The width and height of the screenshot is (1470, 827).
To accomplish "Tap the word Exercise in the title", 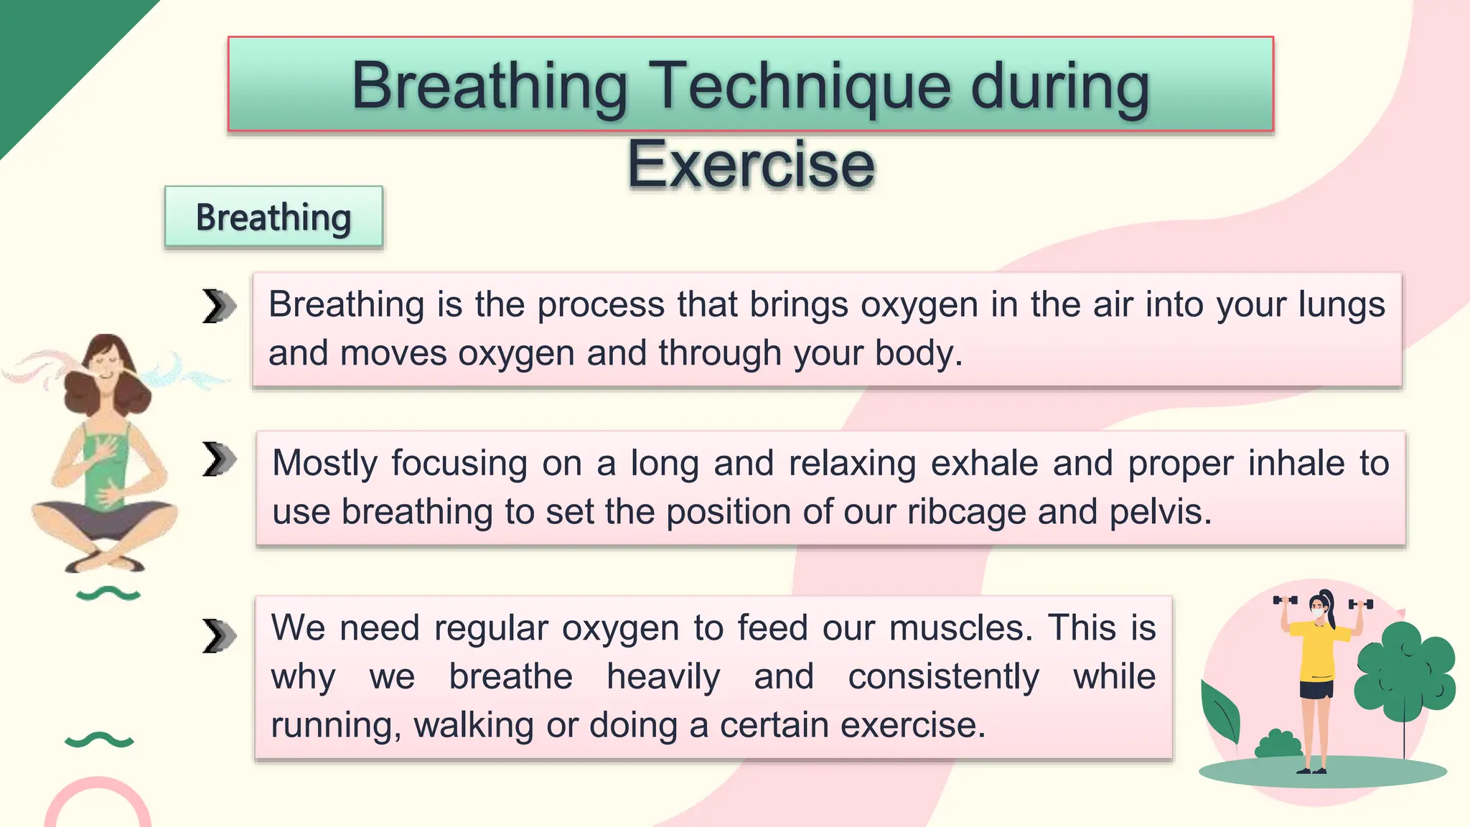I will click(x=751, y=165).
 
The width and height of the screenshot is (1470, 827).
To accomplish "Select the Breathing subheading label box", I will click(x=273, y=217).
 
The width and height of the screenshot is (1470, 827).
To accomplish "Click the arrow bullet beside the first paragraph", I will click(x=218, y=307).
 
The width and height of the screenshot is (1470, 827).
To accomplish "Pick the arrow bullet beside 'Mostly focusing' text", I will click(x=218, y=459).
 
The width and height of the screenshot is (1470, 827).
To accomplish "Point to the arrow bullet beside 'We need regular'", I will click(x=218, y=635).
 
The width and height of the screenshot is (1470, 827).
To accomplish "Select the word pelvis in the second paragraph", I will click(x=1160, y=513).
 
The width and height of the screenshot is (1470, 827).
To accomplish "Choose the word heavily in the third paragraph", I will click(x=663, y=677).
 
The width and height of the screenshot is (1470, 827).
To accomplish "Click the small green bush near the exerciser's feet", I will click(x=1278, y=744).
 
